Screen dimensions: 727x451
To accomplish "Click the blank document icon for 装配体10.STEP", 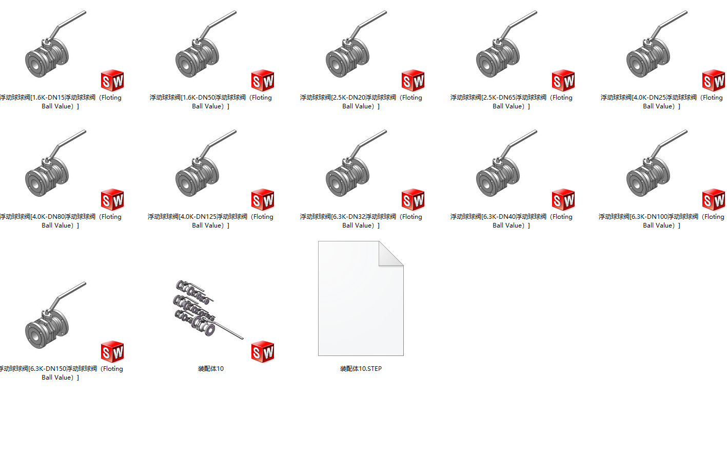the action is [x=361, y=298].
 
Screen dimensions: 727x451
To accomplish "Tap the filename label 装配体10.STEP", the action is [x=361, y=368].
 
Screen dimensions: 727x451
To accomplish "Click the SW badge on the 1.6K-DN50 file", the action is [x=263, y=80].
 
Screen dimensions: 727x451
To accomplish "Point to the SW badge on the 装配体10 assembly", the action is [x=263, y=351].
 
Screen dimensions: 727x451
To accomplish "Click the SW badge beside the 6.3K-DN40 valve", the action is [x=563, y=199].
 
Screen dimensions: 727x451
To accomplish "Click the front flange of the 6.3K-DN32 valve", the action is [x=338, y=184].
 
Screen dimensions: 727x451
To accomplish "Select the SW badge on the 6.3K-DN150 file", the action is [x=112, y=351].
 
